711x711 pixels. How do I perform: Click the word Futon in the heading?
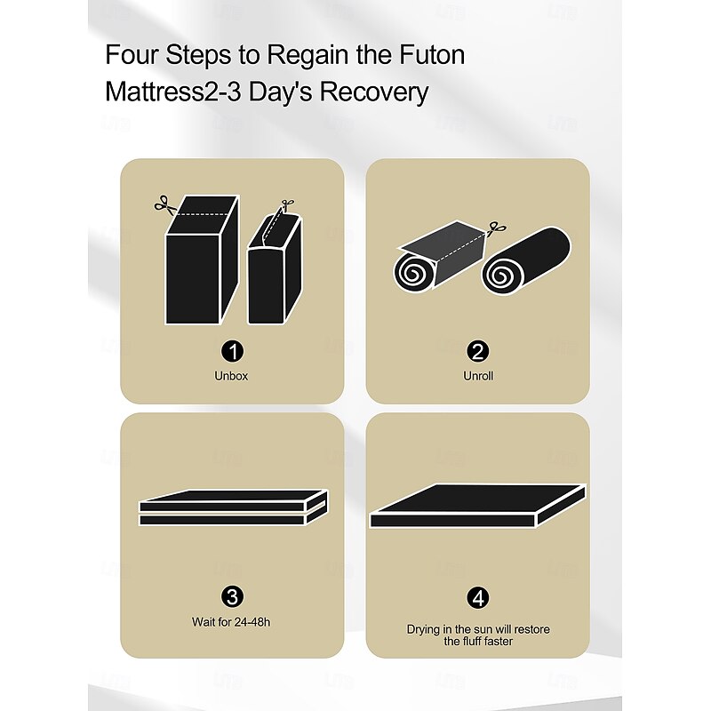pyautogui.click(x=432, y=55)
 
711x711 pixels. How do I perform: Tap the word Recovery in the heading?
pyautogui.click(x=373, y=92)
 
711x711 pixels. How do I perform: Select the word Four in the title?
pyautogui.click(x=132, y=55)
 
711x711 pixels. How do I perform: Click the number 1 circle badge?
pyautogui.click(x=232, y=351)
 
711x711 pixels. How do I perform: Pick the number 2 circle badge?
pyautogui.click(x=478, y=351)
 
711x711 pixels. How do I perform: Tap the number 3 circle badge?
pyautogui.click(x=232, y=597)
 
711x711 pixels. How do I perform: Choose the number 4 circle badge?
pyautogui.click(x=478, y=597)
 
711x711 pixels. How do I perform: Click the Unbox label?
pyautogui.click(x=231, y=376)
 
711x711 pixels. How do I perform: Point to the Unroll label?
pyautogui.click(x=478, y=376)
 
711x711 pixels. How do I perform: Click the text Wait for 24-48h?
pyautogui.click(x=231, y=621)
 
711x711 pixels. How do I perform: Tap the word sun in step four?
pyautogui.click(x=483, y=629)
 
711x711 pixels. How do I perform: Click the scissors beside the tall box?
pyautogui.click(x=166, y=205)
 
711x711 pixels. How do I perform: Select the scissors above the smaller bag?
pyautogui.click(x=287, y=205)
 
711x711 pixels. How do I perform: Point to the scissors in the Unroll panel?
pyautogui.click(x=497, y=228)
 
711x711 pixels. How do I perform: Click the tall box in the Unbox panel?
pyautogui.click(x=202, y=260)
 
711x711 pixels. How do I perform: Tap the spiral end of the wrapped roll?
pyautogui.click(x=413, y=272)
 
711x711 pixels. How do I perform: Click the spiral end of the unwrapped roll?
pyautogui.click(x=501, y=276)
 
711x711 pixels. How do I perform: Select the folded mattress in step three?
pyautogui.click(x=233, y=507)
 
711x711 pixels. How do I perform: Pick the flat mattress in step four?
pyautogui.click(x=478, y=506)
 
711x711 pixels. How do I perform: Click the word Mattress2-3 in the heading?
pyautogui.click(x=172, y=92)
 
